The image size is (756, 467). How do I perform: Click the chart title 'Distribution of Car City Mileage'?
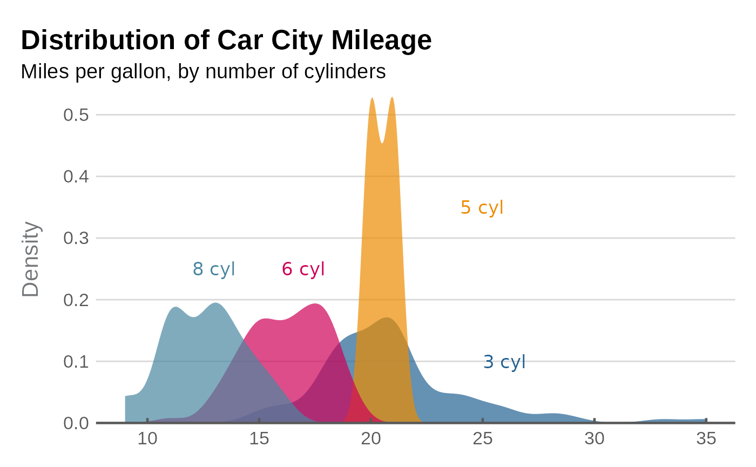226,40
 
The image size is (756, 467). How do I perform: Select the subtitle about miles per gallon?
203,71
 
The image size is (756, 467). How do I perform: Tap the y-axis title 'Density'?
31,259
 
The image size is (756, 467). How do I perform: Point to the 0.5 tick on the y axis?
76,115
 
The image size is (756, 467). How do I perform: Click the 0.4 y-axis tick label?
76,177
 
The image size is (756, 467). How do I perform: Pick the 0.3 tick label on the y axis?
76,238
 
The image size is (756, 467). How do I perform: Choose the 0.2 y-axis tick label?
76,300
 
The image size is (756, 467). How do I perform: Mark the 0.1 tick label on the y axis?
76,361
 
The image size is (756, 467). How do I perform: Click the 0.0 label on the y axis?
76,423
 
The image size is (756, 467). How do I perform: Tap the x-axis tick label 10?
147,439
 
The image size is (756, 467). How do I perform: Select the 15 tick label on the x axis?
259,439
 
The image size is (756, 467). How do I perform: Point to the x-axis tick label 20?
371,439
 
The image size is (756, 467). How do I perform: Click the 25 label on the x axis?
483,439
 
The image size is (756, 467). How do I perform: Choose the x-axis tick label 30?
595,439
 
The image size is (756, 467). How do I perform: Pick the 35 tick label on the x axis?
706,439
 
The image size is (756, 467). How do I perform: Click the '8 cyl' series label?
214,269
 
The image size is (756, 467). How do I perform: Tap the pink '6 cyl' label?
303,269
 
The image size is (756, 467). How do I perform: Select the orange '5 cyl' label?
482,207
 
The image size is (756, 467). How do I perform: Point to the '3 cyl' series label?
504,362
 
